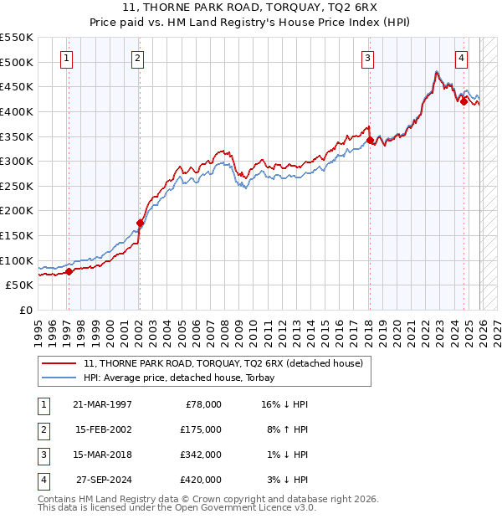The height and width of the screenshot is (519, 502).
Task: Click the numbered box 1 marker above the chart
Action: click(x=66, y=58)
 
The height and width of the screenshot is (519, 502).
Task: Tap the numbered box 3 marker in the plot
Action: click(x=367, y=58)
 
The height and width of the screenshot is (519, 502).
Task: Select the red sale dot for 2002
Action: click(x=140, y=223)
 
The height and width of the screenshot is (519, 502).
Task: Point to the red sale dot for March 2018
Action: click(x=369, y=141)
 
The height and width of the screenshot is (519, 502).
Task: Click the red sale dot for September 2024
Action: click(x=463, y=101)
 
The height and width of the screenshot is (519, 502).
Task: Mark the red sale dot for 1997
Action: click(x=69, y=270)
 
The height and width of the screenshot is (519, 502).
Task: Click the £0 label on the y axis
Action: click(x=25, y=310)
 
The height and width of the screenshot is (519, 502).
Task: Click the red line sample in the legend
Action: click(x=59, y=363)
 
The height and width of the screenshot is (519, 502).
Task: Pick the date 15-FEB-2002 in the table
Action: click(x=103, y=429)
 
